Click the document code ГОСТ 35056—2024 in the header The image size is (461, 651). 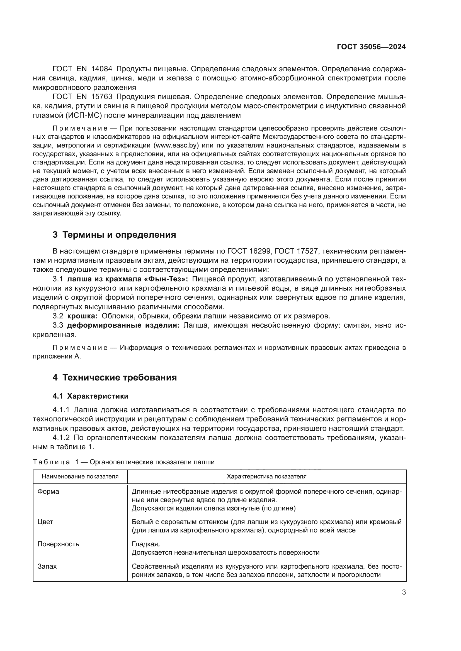click(x=371, y=47)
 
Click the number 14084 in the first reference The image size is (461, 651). click(x=102, y=69)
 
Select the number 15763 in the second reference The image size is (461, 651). click(x=102, y=97)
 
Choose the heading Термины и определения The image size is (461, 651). click(x=119, y=235)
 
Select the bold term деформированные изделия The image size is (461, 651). click(x=123, y=325)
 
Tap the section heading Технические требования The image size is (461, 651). click(x=120, y=378)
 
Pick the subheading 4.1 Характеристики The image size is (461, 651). click(x=91, y=396)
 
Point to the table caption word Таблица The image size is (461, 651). click(x=51, y=462)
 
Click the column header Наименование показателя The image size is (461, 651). click(x=80, y=476)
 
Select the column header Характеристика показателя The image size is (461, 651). click(x=266, y=476)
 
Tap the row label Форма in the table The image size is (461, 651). click(x=48, y=492)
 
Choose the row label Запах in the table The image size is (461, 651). click(x=47, y=566)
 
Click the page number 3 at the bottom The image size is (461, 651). click(x=404, y=592)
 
